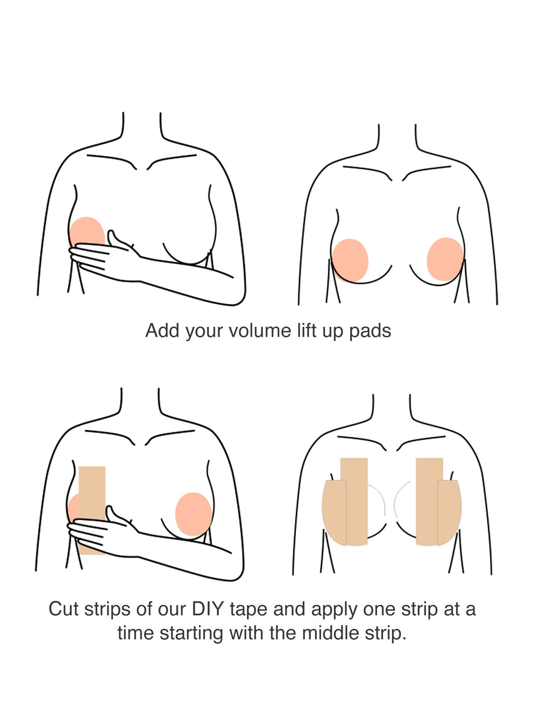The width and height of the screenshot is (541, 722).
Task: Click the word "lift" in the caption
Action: click(x=306, y=331)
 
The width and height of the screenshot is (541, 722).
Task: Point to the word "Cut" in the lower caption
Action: click(x=63, y=609)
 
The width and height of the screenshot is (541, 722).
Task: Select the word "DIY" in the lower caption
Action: click(x=208, y=609)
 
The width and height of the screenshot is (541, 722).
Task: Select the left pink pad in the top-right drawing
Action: click(x=350, y=259)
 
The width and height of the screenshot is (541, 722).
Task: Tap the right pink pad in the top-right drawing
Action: click(x=445, y=258)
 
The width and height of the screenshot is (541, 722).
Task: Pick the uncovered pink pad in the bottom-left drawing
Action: click(x=193, y=514)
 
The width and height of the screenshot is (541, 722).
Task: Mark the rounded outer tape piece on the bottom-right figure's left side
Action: click(x=334, y=512)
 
